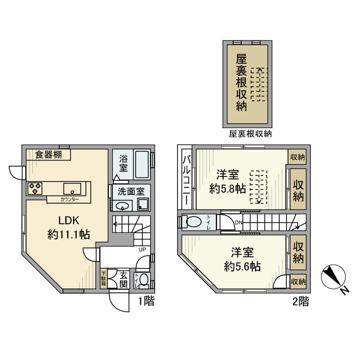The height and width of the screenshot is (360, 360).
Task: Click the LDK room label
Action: (68, 221)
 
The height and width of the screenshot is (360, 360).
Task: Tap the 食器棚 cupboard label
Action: (49, 154)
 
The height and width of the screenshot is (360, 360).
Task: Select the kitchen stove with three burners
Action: (35, 188)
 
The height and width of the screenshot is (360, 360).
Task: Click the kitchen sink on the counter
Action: (71, 188)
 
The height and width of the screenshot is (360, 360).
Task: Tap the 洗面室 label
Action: (131, 191)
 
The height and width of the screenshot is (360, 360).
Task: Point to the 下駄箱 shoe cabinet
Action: (104, 278)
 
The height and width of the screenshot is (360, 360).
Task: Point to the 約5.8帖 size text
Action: (227, 188)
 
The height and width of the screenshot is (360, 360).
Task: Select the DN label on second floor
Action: (238, 222)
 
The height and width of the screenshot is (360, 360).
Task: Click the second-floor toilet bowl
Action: (193, 223)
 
